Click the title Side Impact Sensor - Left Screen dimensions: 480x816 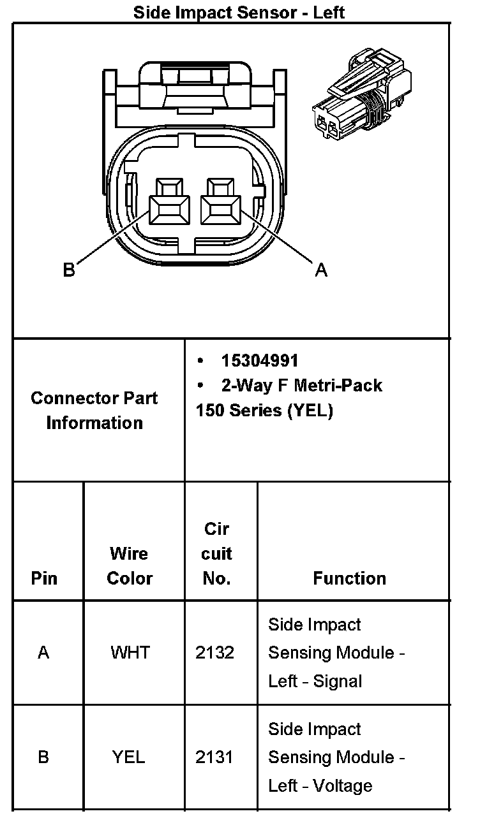pos(239,12)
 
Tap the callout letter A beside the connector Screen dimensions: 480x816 pos(321,270)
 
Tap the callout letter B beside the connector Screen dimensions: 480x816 pos(69,270)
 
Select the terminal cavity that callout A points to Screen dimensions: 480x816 pos(221,208)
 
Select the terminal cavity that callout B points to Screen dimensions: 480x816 pos(169,208)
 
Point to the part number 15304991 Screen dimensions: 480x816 pos(260,361)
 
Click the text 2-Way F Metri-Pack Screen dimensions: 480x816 pos(301,385)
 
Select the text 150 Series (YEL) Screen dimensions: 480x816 pos(264,411)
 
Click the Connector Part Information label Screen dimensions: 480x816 pos(94,410)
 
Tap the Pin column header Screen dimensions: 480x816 pos(44,578)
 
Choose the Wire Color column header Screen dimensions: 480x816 pos(130,565)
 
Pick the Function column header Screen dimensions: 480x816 pos(349,578)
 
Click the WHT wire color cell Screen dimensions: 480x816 pos(130,653)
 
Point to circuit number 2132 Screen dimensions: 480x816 pos(215,653)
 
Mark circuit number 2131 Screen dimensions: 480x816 pos(215,757)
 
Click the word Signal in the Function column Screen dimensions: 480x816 pos(338,681)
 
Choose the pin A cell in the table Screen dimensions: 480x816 pos(43,653)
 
